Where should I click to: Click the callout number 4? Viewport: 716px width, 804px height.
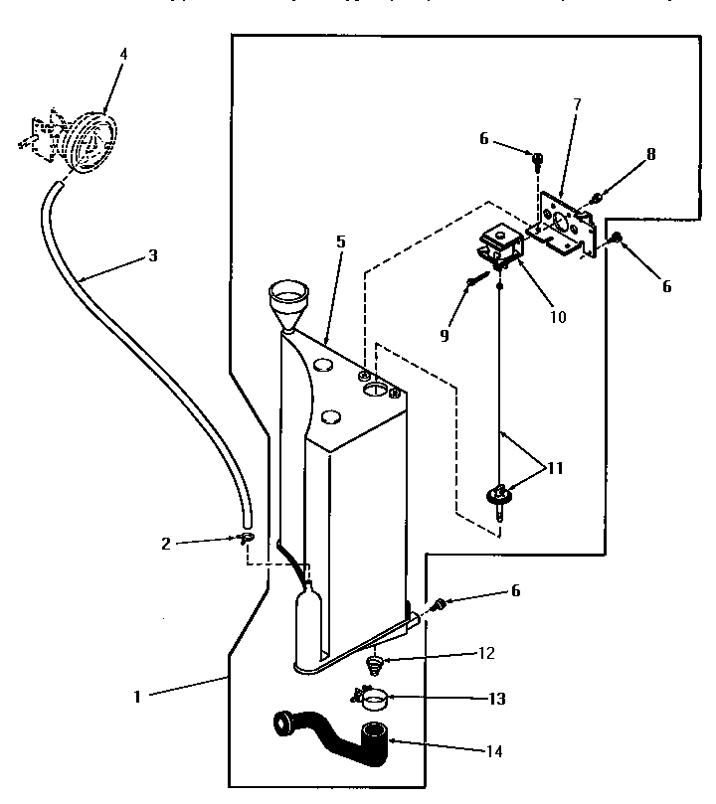[123, 54]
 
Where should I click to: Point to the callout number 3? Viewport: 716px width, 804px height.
[152, 255]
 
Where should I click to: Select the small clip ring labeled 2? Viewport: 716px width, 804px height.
[246, 539]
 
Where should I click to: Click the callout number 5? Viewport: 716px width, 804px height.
[341, 241]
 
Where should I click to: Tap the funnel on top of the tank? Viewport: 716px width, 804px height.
[290, 300]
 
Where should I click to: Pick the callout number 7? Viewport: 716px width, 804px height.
[577, 103]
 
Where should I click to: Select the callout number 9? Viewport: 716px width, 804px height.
[445, 335]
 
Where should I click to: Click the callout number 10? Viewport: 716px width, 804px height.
[557, 318]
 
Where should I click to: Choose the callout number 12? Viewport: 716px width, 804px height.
[486, 654]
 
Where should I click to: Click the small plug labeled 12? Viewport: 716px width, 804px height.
[376, 663]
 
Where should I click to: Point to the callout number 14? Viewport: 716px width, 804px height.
[495, 751]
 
